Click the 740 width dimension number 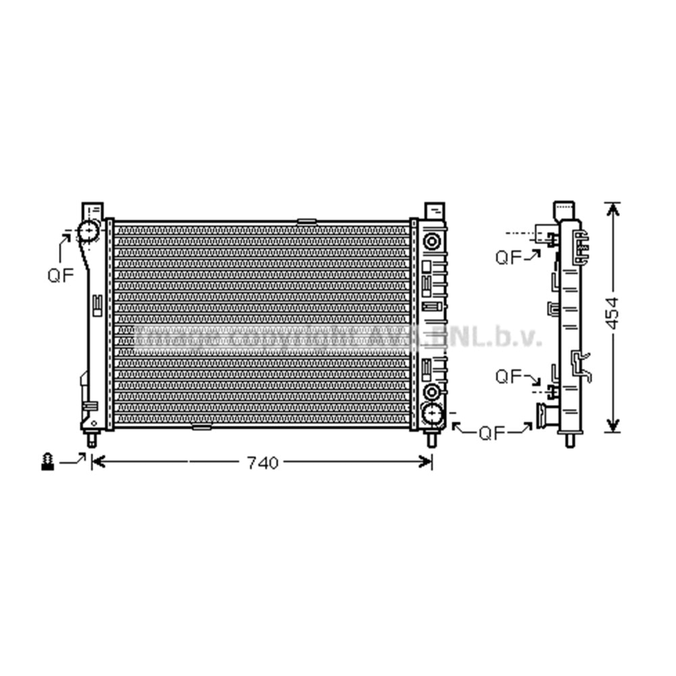[262, 463]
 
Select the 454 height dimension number [612, 313]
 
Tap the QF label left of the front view [60, 275]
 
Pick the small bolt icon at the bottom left [47, 462]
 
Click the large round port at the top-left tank [89, 233]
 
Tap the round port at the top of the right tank [431, 240]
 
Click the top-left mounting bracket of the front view [91, 210]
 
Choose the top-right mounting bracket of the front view [433, 210]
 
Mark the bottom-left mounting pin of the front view [91, 440]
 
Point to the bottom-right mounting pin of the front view [431, 440]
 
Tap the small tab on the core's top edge [306, 220]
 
